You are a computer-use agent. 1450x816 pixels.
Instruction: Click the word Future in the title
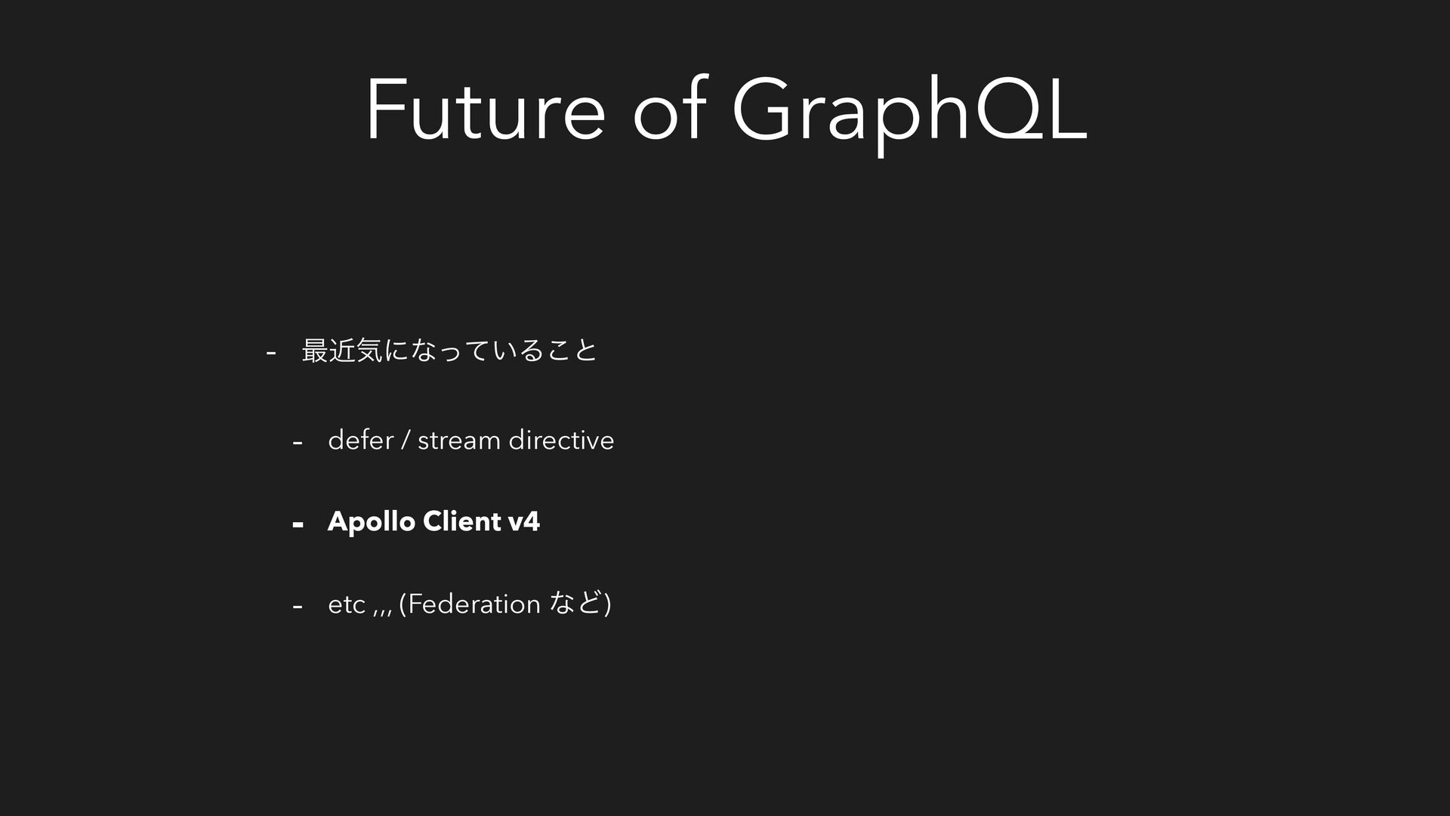pos(485,109)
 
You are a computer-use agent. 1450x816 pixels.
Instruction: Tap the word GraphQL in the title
pos(909,113)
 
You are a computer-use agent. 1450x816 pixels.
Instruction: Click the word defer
pos(361,439)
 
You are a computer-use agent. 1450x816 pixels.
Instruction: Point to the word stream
pos(459,440)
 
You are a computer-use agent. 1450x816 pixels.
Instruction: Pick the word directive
pos(561,439)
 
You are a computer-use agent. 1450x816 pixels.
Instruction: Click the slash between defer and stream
pos(406,440)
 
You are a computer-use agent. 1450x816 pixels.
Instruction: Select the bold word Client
pos(462,521)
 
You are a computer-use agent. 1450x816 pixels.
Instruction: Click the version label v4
pos(524,521)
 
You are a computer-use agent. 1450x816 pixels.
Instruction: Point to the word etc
pos(347,604)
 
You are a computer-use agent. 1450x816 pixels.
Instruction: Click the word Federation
pos(474,603)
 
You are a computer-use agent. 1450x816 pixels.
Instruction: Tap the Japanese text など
pos(577,603)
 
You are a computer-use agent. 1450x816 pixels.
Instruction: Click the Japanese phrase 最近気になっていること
pos(449,350)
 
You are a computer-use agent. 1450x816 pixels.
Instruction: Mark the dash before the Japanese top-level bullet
pos(271,352)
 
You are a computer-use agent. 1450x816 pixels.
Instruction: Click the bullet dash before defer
pos(298,442)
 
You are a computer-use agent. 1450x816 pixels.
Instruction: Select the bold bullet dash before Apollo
pos(298,524)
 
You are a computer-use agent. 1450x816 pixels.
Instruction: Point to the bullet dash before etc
pos(298,606)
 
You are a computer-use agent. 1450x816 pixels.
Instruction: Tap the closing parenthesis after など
pos(608,604)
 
